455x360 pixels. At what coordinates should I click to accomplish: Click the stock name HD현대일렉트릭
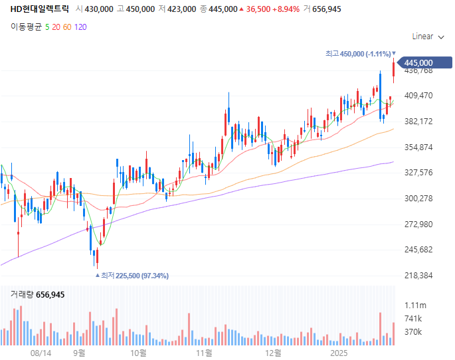point(39,9)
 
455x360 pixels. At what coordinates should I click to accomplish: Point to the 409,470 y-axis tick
point(418,96)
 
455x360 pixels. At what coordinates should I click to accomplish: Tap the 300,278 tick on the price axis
point(418,199)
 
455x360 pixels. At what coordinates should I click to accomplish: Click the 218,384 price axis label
point(418,276)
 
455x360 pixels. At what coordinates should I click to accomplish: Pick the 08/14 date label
point(41,353)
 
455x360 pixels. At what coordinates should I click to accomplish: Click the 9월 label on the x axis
point(80,353)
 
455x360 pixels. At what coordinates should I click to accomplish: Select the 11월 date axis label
point(205,353)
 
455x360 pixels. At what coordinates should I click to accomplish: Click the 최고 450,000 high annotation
point(358,54)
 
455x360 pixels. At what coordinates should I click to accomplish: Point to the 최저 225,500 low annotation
point(135,276)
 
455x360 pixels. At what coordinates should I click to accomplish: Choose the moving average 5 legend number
point(47,27)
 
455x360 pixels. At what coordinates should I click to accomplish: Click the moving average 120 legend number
point(80,27)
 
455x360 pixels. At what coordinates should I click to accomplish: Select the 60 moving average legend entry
point(68,27)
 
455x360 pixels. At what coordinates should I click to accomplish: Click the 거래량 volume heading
point(22,294)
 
